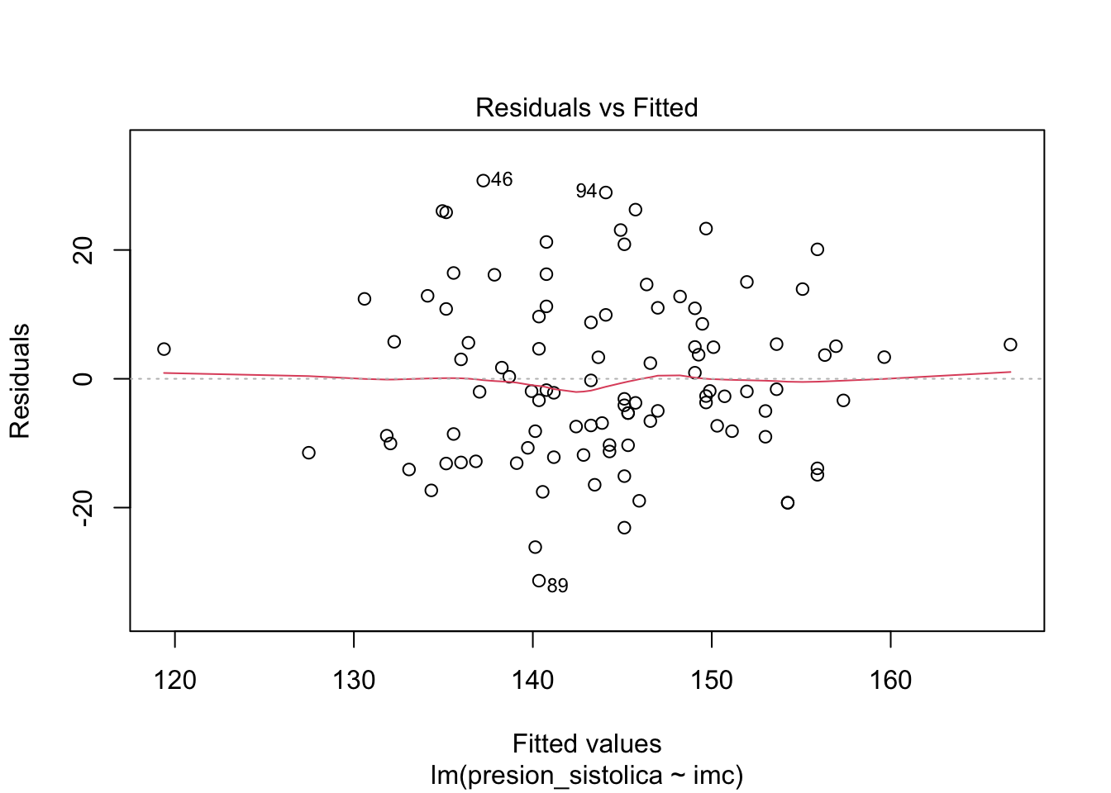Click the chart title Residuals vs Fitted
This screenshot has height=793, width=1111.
586,107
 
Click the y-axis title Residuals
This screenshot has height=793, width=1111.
19,381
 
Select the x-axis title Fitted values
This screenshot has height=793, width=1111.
586,743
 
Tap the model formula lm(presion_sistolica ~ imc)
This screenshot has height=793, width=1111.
586,776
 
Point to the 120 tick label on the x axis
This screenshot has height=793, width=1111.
175,681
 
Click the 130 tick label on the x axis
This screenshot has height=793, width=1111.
354,681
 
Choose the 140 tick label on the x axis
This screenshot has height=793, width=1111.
532,681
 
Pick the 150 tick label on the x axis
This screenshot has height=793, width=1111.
711,681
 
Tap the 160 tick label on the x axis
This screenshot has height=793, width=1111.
890,681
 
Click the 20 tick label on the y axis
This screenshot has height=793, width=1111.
83,250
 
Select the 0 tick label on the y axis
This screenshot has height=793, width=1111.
83,378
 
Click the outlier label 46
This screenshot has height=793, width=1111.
502,179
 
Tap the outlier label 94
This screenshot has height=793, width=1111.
586,191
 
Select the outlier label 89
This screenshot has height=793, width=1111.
558,586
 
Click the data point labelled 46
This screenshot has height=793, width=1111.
483,180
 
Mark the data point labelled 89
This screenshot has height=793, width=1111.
539,581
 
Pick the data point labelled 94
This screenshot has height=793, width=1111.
606,192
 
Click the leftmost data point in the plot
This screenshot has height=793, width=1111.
164,349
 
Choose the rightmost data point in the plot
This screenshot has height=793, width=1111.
1010,344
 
